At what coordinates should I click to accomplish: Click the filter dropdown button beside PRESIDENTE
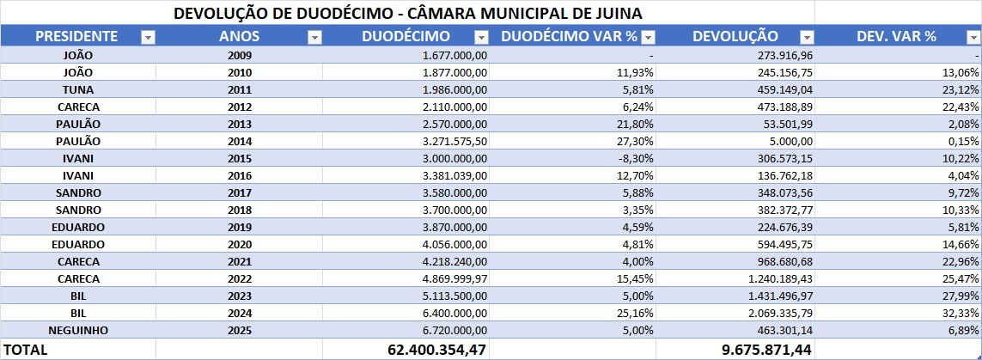(x=148, y=37)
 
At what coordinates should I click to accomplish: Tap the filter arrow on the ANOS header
(x=314, y=37)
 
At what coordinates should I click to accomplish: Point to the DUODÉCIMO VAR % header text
(x=569, y=36)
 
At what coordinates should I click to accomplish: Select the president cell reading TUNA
(x=78, y=89)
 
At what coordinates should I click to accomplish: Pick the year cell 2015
(x=240, y=158)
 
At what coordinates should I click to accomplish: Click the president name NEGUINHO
(x=78, y=330)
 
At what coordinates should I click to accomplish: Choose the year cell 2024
(x=240, y=313)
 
